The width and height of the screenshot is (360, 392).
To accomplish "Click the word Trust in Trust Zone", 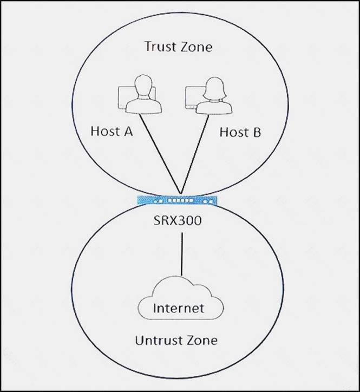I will point(160,47).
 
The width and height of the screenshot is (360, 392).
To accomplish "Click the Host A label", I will point(112,131).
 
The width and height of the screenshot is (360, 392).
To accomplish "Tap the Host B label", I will point(240,132).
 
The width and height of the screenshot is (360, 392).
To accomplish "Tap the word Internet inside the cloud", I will point(179,309).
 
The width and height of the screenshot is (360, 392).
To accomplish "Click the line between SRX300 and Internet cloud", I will point(182,254).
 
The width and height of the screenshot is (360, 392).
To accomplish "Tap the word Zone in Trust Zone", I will point(195,47).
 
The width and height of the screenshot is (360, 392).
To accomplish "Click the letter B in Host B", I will point(256,132).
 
